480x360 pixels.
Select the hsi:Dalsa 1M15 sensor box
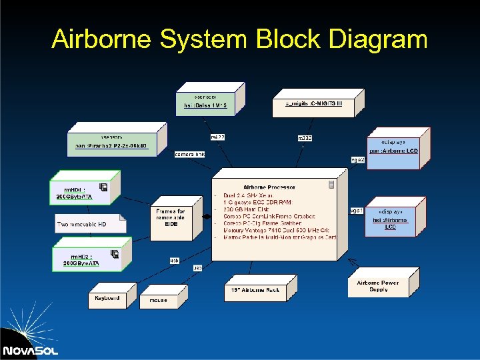pos(205,101)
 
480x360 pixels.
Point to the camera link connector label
pos(189,154)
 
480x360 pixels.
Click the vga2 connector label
pos(357,160)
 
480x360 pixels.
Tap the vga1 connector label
pos(357,210)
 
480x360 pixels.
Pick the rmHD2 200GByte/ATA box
pos(85,259)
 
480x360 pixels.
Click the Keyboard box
pos(107,299)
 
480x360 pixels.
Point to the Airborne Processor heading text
pos(269,187)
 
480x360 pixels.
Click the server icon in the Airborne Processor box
pos(331,185)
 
